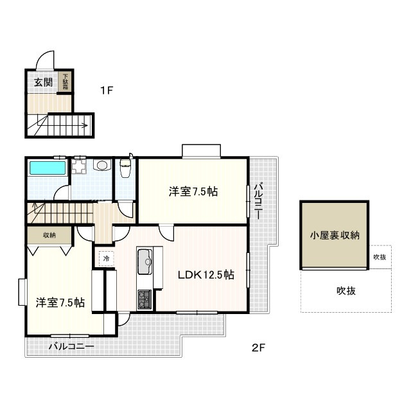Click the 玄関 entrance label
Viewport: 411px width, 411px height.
pyautogui.click(x=43, y=83)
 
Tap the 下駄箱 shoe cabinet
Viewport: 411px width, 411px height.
pyautogui.click(x=65, y=82)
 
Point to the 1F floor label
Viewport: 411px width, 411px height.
pyautogui.click(x=107, y=91)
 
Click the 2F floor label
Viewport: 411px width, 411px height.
pyautogui.click(x=258, y=348)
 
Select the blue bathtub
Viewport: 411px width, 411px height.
pyautogui.click(x=48, y=168)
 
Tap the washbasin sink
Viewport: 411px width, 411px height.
pyautogui.click(x=101, y=165)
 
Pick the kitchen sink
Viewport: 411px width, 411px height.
pyautogui.click(x=144, y=261)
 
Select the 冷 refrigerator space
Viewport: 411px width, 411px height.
pyautogui.click(x=106, y=258)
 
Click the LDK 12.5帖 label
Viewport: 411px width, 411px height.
pyautogui.click(x=206, y=275)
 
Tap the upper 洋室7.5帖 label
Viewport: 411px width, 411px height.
pyautogui.click(x=193, y=191)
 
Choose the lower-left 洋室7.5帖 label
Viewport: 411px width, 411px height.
pyautogui.click(x=60, y=302)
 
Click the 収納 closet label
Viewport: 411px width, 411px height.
pyautogui.click(x=49, y=235)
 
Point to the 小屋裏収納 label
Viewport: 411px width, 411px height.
pyautogui.click(x=335, y=235)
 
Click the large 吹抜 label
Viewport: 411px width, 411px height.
pyautogui.click(x=346, y=291)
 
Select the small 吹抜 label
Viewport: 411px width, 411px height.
pyautogui.click(x=380, y=257)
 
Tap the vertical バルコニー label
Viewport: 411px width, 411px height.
pyautogui.click(x=259, y=201)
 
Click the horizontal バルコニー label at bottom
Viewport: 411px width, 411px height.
pyautogui.click(x=71, y=347)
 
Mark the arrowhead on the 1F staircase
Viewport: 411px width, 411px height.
pyautogui.click(x=85, y=125)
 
